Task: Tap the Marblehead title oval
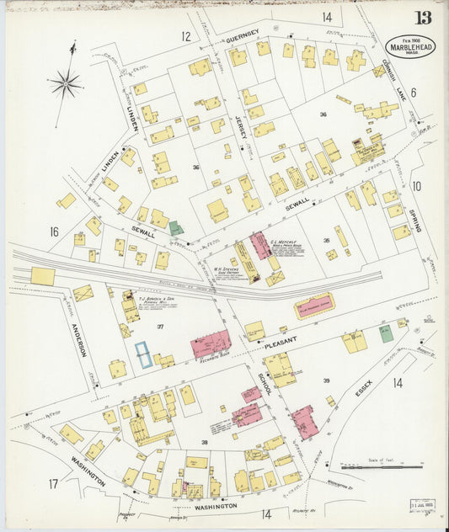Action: click(410, 47)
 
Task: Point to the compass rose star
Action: click(65, 82)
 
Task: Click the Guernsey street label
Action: click(242, 39)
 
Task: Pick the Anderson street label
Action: click(79, 339)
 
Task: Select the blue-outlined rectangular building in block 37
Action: click(144, 354)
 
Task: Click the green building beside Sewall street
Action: click(175, 228)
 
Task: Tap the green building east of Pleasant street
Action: click(386, 334)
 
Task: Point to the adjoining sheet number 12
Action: click(185, 36)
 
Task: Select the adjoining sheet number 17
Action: click(53, 483)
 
